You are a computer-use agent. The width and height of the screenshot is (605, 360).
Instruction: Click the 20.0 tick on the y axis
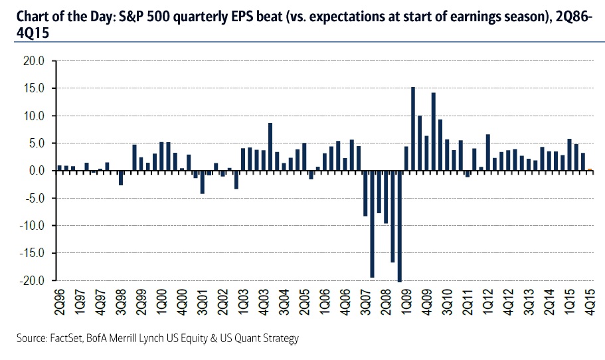point(33,61)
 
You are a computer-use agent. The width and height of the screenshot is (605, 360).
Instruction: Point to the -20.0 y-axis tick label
point(31,280)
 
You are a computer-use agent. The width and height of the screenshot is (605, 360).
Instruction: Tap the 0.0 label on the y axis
point(36,171)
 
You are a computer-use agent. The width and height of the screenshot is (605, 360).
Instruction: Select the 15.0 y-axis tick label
point(33,88)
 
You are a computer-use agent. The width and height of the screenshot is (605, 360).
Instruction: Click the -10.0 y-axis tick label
point(31,226)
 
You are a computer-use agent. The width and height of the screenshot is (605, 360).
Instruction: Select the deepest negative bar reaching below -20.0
point(399,226)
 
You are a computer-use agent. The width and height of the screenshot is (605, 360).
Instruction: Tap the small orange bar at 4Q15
point(590,169)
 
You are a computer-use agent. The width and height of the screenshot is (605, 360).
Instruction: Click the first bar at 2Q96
point(60,167)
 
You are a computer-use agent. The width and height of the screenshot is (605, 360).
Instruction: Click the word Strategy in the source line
point(279,339)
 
